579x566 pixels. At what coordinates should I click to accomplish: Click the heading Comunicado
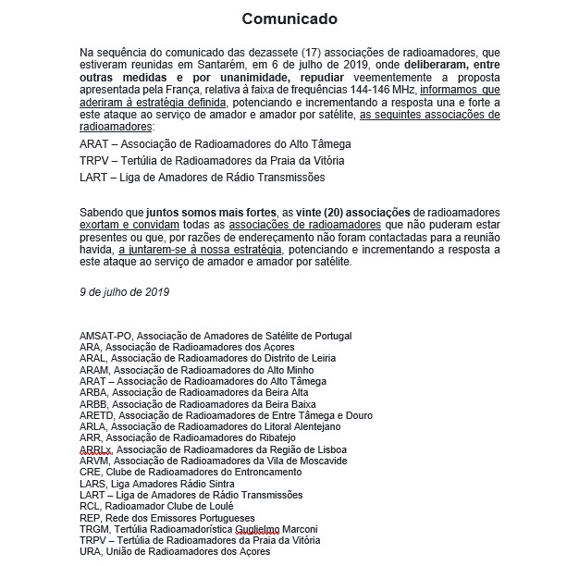click(x=289, y=18)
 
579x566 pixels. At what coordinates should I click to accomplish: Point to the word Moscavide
click(x=314, y=461)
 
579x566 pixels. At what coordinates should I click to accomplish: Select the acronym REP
click(x=92, y=518)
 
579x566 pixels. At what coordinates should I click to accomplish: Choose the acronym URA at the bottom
click(x=92, y=552)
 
